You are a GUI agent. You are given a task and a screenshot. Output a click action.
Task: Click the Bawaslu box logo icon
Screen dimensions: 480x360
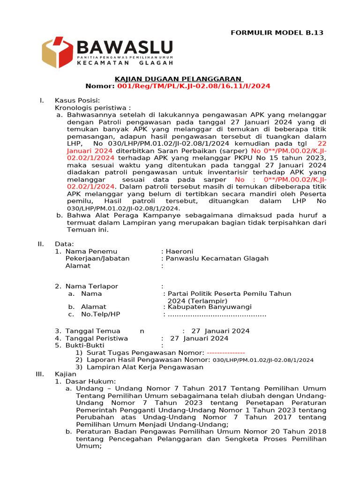(57, 52)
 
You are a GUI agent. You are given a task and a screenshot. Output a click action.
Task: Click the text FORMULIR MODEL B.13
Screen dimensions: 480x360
(277, 33)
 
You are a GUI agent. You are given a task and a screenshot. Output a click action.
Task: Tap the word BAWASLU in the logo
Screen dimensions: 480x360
(124, 47)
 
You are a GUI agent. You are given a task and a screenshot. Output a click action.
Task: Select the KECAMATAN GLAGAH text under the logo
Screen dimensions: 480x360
(124, 62)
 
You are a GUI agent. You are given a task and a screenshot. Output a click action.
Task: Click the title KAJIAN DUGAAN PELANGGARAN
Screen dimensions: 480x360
(179, 79)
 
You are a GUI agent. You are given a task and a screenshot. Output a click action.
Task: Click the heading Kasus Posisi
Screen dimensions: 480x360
(77, 100)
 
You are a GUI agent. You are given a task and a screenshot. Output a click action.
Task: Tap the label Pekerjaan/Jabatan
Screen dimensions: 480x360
(97, 258)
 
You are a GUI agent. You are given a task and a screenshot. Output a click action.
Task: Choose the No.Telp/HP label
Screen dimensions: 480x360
(100, 314)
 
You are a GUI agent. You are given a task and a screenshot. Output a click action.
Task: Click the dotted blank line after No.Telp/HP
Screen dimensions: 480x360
(217, 314)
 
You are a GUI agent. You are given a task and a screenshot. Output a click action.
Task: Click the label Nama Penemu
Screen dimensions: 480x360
(91, 251)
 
